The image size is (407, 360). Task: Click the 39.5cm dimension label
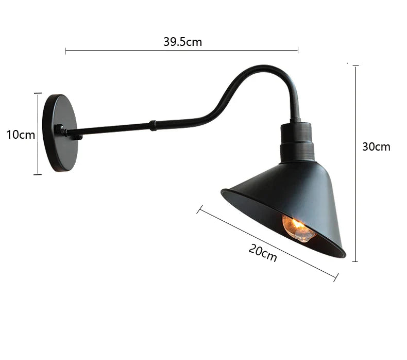182,42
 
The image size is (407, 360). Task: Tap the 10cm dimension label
21,135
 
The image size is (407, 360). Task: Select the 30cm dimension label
376,146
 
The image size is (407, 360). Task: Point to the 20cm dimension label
263,253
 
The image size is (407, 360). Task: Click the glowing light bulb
298,228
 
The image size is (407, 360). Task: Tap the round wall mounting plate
61,133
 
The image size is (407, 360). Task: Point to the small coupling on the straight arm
152,125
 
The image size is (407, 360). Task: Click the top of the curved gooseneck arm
265,68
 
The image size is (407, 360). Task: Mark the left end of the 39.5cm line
65,51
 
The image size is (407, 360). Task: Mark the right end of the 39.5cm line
298,51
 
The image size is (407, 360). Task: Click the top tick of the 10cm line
38,93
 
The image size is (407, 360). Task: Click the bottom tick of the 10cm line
38,174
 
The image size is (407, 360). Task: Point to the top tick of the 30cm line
355,66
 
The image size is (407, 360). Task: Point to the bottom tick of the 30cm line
355,261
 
